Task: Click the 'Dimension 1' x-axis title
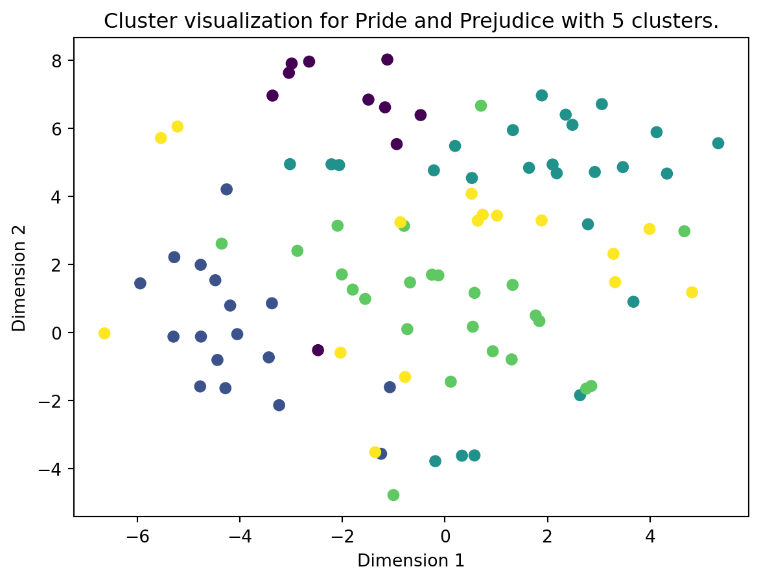click(411, 561)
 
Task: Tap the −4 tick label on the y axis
click(55, 469)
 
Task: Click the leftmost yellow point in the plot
click(104, 333)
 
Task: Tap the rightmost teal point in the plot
click(718, 143)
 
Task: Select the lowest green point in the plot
click(393, 495)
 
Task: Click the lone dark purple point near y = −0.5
click(318, 350)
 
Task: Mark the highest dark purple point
click(388, 60)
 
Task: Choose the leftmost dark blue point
click(140, 283)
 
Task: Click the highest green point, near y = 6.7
click(481, 106)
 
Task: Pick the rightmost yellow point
click(692, 292)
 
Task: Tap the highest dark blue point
click(227, 189)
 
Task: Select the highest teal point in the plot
click(542, 95)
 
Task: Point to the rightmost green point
click(685, 231)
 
